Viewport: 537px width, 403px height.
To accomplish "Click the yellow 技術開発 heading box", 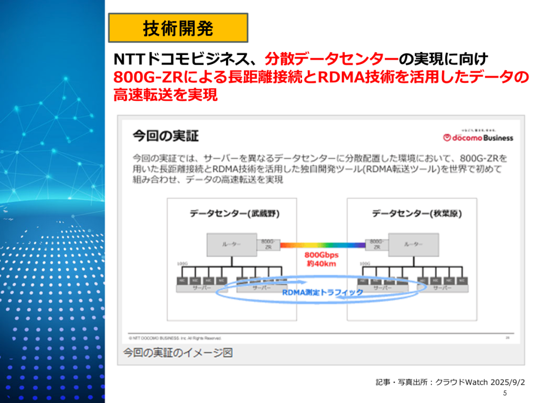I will pos(178,28).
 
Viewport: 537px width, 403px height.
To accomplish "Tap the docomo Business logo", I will pos(478,137).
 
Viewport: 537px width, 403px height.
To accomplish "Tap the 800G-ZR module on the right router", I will pos(376,244).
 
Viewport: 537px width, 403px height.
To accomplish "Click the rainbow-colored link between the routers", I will pos(323,245).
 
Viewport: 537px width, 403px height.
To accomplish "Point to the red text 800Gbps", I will pos(322,255).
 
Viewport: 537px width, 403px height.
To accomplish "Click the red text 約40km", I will pos(322,263).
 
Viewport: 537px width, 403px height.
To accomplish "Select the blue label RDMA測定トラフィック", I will pos(323,292).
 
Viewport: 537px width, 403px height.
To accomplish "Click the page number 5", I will pos(504,394).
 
